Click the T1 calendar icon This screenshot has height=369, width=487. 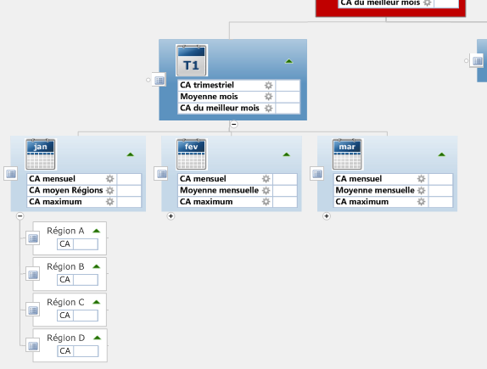click(x=192, y=60)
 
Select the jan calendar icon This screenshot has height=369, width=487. click(x=41, y=154)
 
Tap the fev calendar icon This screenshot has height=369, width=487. click(x=192, y=154)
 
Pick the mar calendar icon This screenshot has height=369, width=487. click(x=348, y=154)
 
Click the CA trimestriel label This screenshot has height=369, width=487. click(x=207, y=85)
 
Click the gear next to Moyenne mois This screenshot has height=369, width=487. click(x=268, y=97)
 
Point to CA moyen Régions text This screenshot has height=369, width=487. click(x=66, y=190)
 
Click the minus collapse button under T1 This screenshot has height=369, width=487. click(x=234, y=124)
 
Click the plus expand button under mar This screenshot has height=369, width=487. click(x=327, y=215)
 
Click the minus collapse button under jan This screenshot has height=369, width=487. click(x=20, y=215)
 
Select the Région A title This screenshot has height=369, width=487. click(x=65, y=231)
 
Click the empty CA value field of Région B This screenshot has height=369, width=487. click(x=86, y=280)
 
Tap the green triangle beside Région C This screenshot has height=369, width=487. click(x=97, y=302)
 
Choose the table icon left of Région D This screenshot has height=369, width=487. click(x=33, y=346)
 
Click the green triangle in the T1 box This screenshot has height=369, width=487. click(x=288, y=61)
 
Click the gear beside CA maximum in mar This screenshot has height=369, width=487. click(x=421, y=202)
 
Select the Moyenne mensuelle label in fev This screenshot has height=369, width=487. click(x=219, y=190)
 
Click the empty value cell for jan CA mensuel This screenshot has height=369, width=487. click(x=129, y=179)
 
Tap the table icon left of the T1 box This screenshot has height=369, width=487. click(x=159, y=81)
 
